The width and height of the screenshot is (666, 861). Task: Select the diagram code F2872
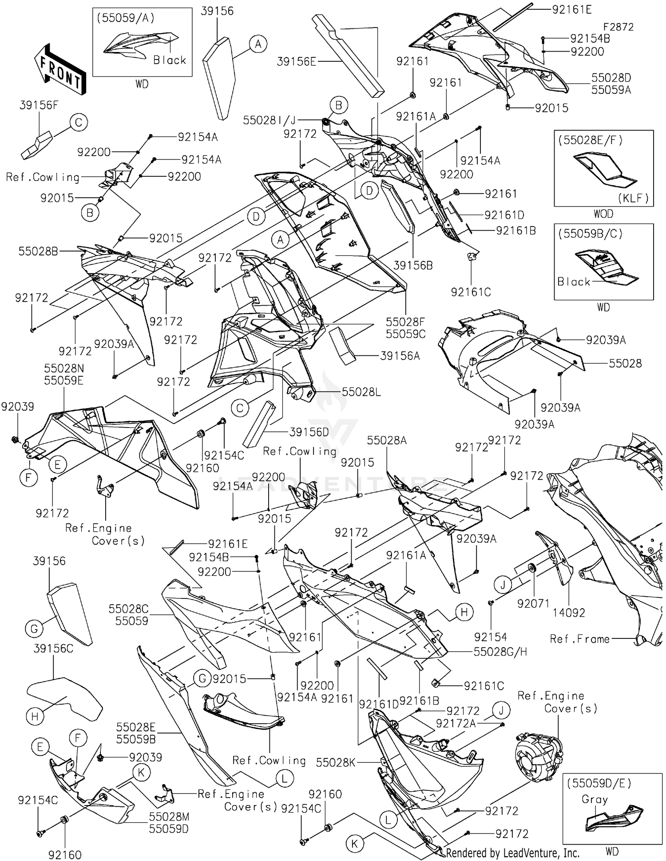click(x=618, y=27)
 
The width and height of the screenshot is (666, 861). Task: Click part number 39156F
click(x=39, y=105)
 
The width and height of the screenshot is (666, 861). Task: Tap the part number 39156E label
click(x=296, y=61)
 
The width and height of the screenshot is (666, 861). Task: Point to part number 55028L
click(x=361, y=392)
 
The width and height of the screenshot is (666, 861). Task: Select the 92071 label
click(x=533, y=603)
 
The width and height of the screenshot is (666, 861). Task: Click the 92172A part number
click(x=456, y=723)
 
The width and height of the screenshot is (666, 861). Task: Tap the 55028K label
click(x=336, y=762)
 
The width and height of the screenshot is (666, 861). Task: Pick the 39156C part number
click(x=53, y=648)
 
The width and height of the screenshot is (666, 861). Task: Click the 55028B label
click(x=38, y=251)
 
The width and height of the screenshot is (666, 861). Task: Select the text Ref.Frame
click(x=579, y=639)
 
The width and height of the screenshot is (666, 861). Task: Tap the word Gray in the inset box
click(x=595, y=799)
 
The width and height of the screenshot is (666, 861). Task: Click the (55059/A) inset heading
click(x=126, y=18)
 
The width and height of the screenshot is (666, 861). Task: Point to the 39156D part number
click(x=309, y=432)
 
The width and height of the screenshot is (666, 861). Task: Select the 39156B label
click(x=413, y=265)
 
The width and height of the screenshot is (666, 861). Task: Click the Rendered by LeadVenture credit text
click(x=513, y=853)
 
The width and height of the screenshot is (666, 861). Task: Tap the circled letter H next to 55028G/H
click(x=464, y=612)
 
